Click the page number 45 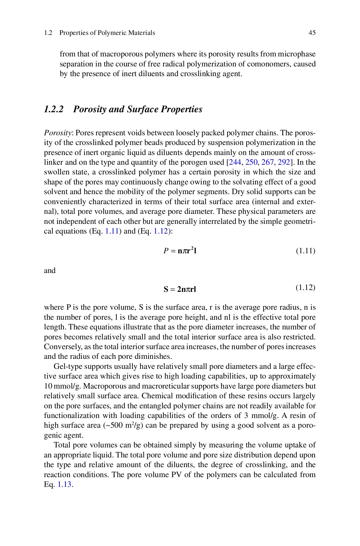(312, 33)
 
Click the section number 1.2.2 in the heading (54, 109)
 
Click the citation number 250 (251, 162)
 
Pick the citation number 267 (267, 162)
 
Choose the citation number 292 (284, 162)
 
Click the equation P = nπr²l (180, 251)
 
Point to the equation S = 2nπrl (180, 289)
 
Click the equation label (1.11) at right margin (305, 251)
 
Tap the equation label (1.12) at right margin (305, 287)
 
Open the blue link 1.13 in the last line (65, 484)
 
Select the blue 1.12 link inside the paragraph (161, 231)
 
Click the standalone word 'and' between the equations (50, 270)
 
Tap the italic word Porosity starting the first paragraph (58, 133)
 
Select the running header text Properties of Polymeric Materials (107, 33)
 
